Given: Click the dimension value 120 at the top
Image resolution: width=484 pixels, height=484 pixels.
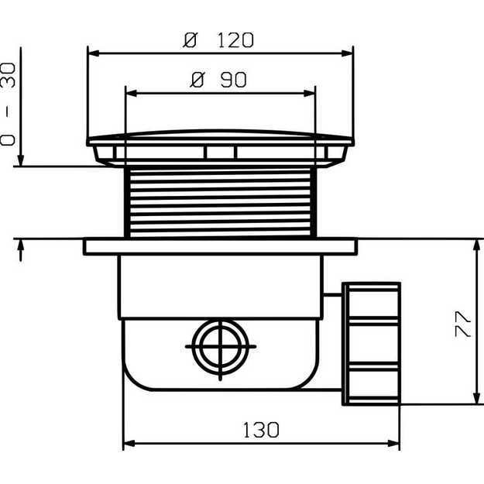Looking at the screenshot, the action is tap(235, 40).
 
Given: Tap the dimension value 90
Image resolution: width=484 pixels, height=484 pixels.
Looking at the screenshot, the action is tap(234, 80).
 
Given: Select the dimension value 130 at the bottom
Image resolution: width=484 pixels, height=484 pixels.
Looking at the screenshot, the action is tap(261, 430).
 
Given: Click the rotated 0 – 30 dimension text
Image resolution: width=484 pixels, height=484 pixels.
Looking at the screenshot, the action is tap(8, 104).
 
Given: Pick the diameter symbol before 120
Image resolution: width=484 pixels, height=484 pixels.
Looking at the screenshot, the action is tap(190, 40).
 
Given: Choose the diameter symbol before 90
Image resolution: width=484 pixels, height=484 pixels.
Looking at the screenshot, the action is tap(197, 80).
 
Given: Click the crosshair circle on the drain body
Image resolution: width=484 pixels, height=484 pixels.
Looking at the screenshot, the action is tap(221, 347).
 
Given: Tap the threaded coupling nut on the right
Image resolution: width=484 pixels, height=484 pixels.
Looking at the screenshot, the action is tap(371, 344).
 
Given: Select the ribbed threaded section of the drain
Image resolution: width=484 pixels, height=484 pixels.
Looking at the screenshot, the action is tap(221, 202).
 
